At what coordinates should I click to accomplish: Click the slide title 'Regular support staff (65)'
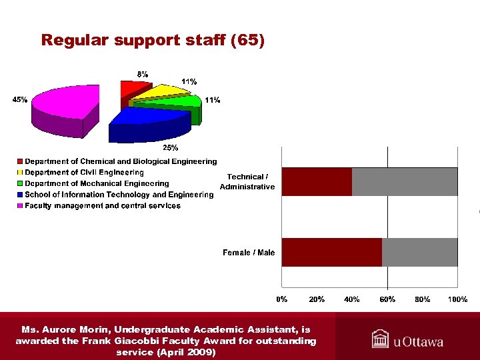click(x=153, y=41)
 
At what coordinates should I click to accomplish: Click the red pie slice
click(x=129, y=90)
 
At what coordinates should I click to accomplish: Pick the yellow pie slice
click(x=160, y=92)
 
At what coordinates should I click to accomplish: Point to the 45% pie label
click(x=20, y=100)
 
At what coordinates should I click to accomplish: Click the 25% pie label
click(x=171, y=147)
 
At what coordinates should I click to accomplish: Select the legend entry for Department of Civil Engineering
click(x=84, y=173)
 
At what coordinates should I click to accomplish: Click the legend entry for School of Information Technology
click(x=119, y=195)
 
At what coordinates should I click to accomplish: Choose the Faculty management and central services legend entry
click(x=102, y=206)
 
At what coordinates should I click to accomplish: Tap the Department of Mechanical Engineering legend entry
click(x=97, y=183)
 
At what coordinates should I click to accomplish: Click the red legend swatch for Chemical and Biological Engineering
click(x=21, y=162)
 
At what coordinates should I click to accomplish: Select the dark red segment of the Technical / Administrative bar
click(x=317, y=182)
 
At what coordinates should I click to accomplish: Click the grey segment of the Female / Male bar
click(x=419, y=252)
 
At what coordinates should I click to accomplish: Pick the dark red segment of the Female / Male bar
click(x=331, y=252)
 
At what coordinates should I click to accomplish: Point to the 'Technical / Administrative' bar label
click(x=247, y=181)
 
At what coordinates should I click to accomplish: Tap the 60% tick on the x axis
click(x=387, y=299)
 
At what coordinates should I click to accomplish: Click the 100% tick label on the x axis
click(x=457, y=299)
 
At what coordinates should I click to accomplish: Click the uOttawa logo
click(x=407, y=340)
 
